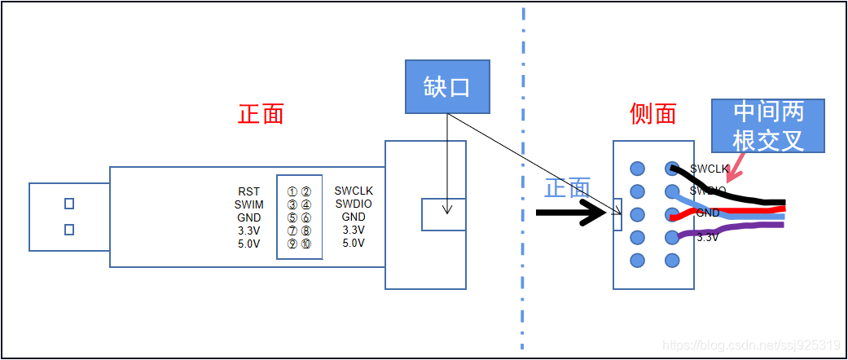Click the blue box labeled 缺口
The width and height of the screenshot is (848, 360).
point(447,86)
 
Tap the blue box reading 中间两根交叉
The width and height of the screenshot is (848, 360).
point(768,126)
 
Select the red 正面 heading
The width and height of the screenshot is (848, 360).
point(261,113)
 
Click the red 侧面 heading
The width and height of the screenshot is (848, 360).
point(653,113)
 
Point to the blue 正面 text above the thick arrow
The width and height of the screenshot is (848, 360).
point(567,188)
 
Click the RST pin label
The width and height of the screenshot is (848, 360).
point(249,191)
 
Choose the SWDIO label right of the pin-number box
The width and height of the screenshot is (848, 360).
point(354,204)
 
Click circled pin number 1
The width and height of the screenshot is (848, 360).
point(292,191)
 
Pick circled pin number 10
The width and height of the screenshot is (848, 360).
point(305,244)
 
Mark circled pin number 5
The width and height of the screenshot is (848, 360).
point(292,217)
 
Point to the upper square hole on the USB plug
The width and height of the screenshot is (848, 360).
point(69,204)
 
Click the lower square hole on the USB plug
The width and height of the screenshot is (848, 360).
point(69,230)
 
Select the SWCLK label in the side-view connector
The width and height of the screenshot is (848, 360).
point(709,169)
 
